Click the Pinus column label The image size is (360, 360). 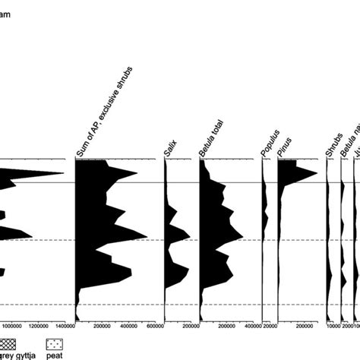285,149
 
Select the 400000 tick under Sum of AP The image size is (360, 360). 129,327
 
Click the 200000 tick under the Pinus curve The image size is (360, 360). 305,327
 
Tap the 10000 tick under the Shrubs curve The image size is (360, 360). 334,327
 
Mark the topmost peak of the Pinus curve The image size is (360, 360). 317,174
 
